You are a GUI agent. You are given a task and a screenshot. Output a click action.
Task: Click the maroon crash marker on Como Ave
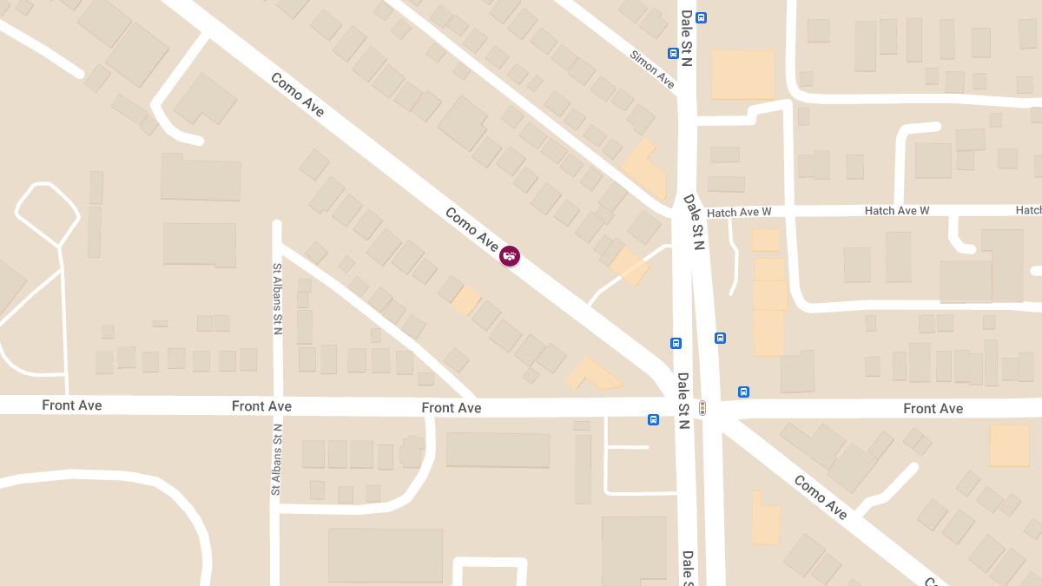click(x=510, y=255)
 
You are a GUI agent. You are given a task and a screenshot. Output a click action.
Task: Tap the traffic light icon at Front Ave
click(x=702, y=407)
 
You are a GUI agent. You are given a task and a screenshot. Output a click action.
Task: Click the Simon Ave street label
click(x=652, y=69)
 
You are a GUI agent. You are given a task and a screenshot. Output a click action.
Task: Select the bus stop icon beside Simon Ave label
click(x=673, y=53)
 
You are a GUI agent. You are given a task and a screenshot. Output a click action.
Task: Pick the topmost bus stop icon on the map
click(x=701, y=17)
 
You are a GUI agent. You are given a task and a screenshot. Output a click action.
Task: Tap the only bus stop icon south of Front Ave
click(x=653, y=420)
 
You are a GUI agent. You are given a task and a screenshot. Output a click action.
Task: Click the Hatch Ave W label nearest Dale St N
click(x=739, y=213)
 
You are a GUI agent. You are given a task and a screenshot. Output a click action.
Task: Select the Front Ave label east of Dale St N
click(x=933, y=408)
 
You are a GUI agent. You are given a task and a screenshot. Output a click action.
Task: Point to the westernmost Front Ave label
click(x=72, y=405)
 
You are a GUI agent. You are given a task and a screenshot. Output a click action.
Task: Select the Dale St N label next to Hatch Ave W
click(x=693, y=222)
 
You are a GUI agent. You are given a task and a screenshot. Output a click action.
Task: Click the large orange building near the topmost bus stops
click(x=742, y=75)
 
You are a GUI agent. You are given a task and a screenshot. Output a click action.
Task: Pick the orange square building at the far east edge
click(x=1010, y=445)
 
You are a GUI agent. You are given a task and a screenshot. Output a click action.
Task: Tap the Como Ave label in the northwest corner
click(x=297, y=95)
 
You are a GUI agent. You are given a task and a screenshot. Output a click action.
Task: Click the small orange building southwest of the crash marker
click(x=466, y=300)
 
